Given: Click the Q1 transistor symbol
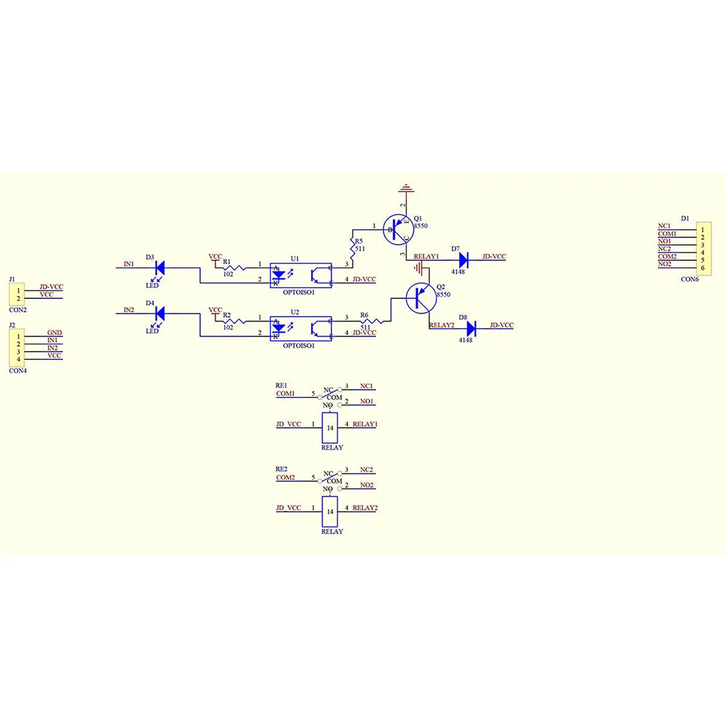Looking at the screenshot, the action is point(398,229).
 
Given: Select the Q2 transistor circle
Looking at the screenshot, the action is point(421,298).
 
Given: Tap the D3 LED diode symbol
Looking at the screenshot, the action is point(160,268).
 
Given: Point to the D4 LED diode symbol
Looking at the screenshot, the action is point(160,313).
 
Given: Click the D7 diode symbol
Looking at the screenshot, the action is point(463,260).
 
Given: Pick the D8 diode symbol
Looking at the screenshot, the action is point(472,328).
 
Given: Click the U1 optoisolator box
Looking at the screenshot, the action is point(301,275).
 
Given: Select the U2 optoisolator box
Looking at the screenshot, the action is point(301,328).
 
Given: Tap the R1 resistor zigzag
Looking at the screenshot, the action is point(235,268).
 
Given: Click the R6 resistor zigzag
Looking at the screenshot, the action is point(372,321).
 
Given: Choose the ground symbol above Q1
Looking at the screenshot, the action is point(406,189).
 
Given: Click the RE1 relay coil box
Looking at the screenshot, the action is point(330,428).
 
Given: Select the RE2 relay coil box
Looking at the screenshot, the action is point(330,512).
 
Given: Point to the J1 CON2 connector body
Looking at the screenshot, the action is point(17,295).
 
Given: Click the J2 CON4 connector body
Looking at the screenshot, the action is point(17,348).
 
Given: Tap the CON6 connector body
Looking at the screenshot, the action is point(704,249).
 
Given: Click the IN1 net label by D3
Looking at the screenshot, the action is point(129,264).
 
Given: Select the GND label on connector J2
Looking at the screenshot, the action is point(55,333).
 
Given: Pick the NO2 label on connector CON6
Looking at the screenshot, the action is point(664,264).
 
